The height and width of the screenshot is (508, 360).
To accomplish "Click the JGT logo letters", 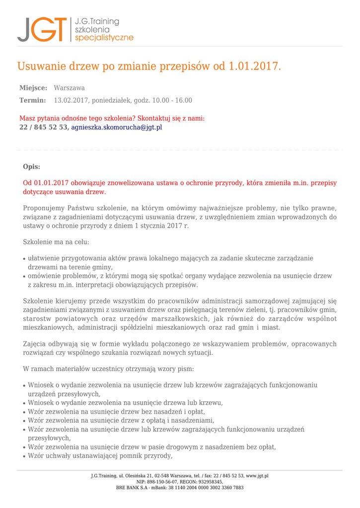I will tap(42, 29).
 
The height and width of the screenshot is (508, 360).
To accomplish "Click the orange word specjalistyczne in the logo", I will tap(104, 38).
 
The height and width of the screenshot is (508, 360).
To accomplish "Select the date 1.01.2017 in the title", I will tap(254, 66).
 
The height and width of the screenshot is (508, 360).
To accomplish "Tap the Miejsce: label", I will tap(33, 88).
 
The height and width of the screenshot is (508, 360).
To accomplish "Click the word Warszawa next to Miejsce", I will tap(69, 88).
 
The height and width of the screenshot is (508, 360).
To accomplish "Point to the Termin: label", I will tap(33, 100).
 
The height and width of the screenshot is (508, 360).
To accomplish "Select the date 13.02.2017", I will tap(71, 100).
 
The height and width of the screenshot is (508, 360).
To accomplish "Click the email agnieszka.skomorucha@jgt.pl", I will tap(116, 127).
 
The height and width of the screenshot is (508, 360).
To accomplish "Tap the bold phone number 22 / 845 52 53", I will tap(43, 127).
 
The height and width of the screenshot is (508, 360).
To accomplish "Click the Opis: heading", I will tap(32, 167).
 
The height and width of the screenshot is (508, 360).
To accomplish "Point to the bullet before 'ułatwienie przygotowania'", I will tap(25, 259).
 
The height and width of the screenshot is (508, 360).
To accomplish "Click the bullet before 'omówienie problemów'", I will tap(25, 277).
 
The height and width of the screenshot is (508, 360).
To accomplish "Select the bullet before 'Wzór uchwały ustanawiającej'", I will tap(25, 456).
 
